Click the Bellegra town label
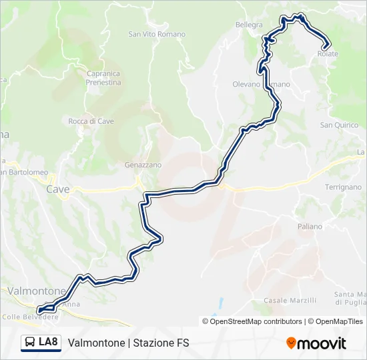(x=249, y=25)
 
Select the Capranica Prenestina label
(x=103, y=78)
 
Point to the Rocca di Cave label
(x=91, y=121)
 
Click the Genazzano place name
(x=143, y=165)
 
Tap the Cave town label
(x=58, y=189)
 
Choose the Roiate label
(x=329, y=54)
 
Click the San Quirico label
(x=339, y=125)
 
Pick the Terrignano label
(x=343, y=187)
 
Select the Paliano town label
(x=310, y=227)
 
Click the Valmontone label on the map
(x=37, y=291)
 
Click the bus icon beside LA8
(x=30, y=343)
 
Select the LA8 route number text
(x=49, y=343)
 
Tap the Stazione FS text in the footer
(x=161, y=343)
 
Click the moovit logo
(x=316, y=343)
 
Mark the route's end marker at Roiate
(x=326, y=46)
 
